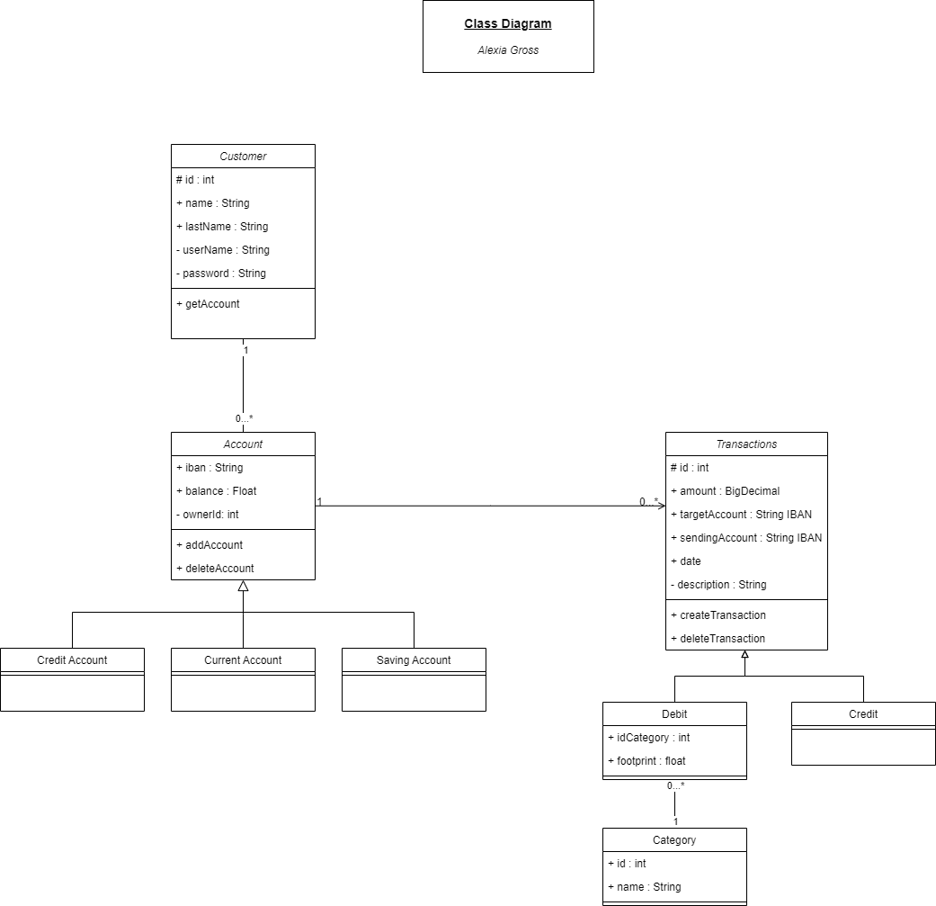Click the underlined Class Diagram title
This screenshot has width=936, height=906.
coord(508,24)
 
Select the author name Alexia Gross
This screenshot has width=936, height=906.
coord(508,50)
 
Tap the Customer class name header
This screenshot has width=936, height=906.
coord(243,156)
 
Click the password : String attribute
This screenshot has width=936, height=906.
coord(225,274)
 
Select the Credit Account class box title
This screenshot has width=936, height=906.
coord(72,660)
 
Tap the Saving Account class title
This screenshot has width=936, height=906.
coord(414,660)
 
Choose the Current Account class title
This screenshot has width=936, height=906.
coord(243,660)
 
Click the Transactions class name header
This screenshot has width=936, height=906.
coord(746,444)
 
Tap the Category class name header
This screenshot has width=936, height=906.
coord(674,840)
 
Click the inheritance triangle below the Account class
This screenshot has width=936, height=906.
coord(243,586)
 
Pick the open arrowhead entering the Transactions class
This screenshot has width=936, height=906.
coord(661,506)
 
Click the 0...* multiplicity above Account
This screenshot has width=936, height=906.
coord(245,418)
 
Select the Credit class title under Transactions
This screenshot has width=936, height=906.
coord(863,714)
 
